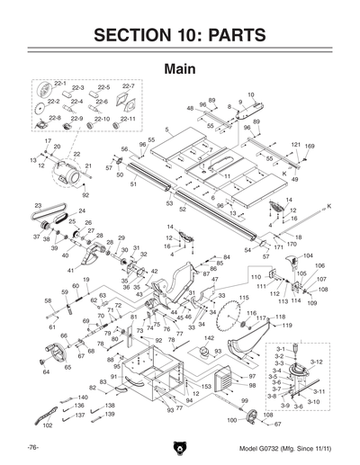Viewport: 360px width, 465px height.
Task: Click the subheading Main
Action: (180, 68)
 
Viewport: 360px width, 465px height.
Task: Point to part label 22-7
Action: (128, 86)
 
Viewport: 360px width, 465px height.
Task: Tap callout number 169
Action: (310, 145)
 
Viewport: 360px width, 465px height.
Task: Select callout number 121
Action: (295, 145)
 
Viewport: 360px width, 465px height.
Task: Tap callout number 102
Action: (48, 425)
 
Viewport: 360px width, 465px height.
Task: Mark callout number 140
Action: (83, 397)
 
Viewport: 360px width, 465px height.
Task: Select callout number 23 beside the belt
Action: (39, 207)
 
